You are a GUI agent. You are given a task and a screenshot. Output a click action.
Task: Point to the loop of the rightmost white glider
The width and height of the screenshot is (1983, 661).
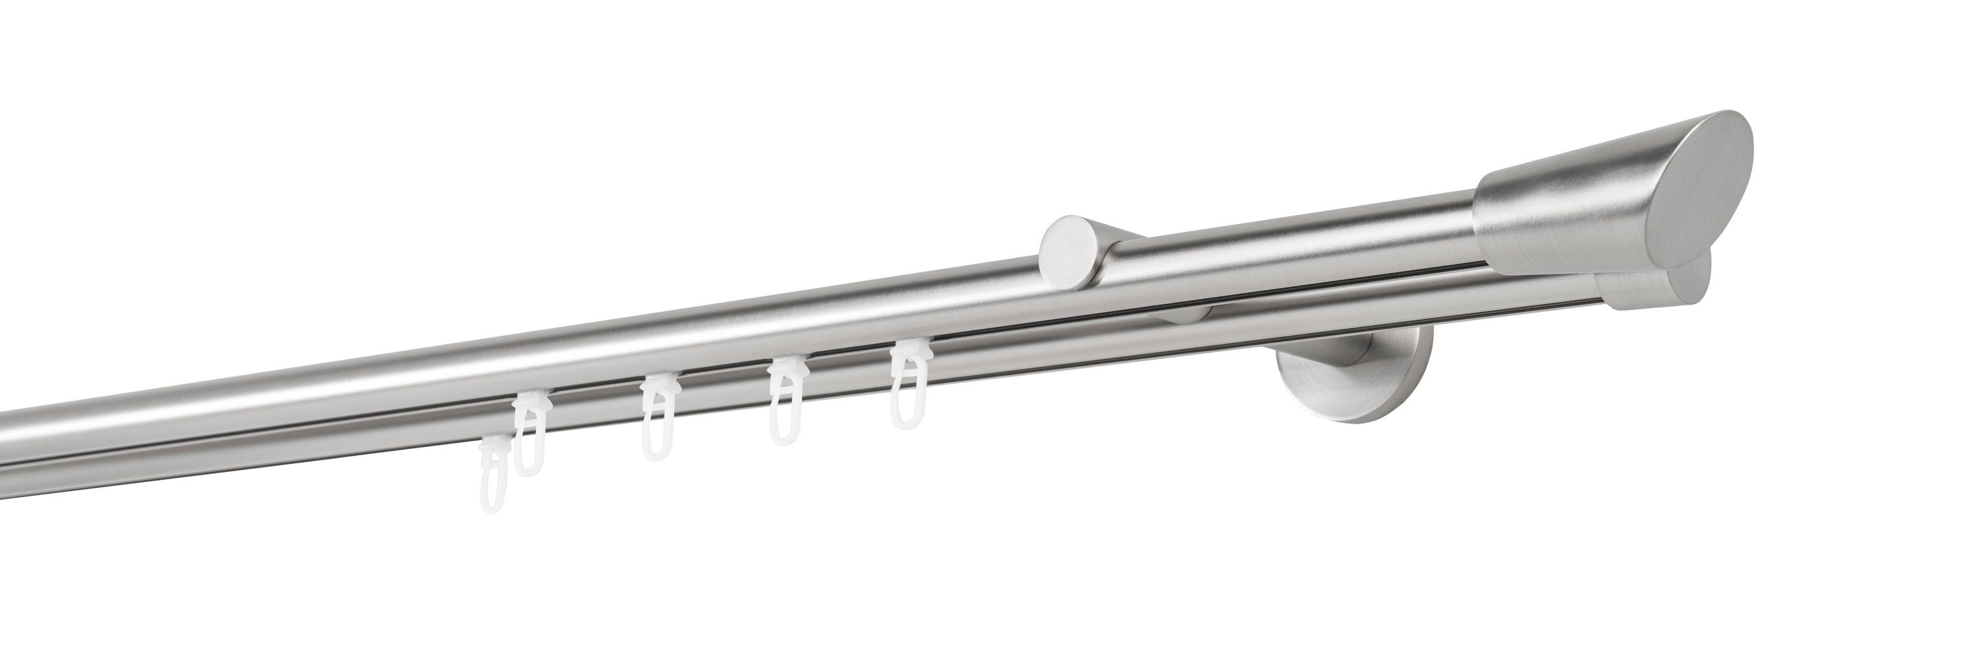coord(908,408)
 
